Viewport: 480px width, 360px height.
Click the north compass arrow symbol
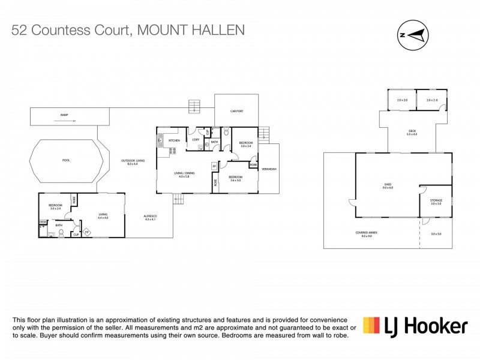tap(413, 34)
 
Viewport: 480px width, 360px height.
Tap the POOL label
tap(65, 161)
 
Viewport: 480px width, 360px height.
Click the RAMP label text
tap(64, 114)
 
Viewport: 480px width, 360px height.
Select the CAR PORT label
tap(237, 111)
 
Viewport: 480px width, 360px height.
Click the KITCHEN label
tap(174, 140)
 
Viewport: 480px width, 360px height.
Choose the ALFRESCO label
tap(149, 217)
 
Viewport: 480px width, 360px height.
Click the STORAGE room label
tap(436, 202)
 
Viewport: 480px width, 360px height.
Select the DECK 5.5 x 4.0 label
tap(412, 132)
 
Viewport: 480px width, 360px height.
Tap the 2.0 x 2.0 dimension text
tap(402, 100)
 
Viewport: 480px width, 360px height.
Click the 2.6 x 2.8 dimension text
tap(432, 100)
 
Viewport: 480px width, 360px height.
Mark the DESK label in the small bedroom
tap(43, 222)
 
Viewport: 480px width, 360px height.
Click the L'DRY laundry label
tap(196, 140)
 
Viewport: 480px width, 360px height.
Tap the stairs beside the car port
tap(193, 107)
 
